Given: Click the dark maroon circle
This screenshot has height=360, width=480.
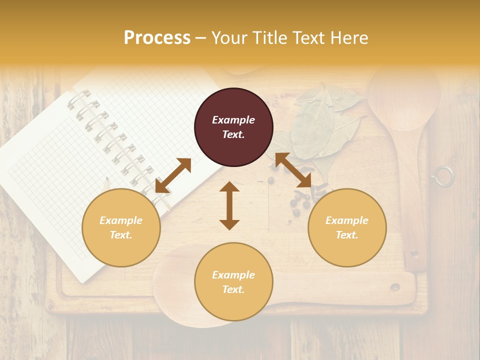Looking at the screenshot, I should point(233,127).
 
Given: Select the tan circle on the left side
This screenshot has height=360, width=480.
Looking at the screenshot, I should point(121,227).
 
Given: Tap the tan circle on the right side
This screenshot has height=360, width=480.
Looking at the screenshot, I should point(347,227).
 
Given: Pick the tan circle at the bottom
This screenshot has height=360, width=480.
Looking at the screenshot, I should point(233,281).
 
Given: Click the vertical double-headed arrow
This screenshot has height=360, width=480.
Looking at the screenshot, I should point(229,205).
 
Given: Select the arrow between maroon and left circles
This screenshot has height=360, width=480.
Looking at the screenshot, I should point(173,175).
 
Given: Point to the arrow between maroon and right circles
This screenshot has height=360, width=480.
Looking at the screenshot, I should point(293,170).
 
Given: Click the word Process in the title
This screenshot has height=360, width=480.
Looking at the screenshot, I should point(157,38).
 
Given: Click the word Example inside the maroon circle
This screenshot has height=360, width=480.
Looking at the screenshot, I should point(233,120).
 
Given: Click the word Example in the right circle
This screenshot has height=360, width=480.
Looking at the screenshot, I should point(347,220).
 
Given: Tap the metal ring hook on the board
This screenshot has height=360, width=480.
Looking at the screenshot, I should point(443,176).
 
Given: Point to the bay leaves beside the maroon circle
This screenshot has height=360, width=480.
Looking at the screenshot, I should point(320,125).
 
